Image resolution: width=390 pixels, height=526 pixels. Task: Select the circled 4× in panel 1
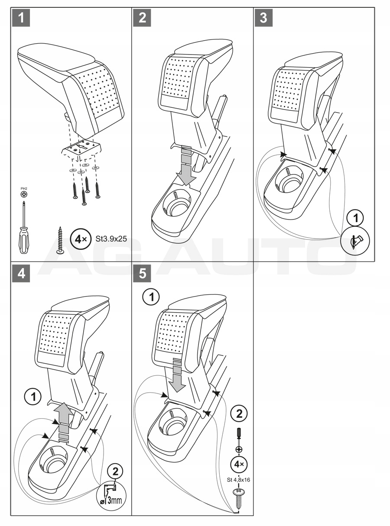81,239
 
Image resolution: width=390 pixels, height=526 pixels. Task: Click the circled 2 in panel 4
114,470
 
